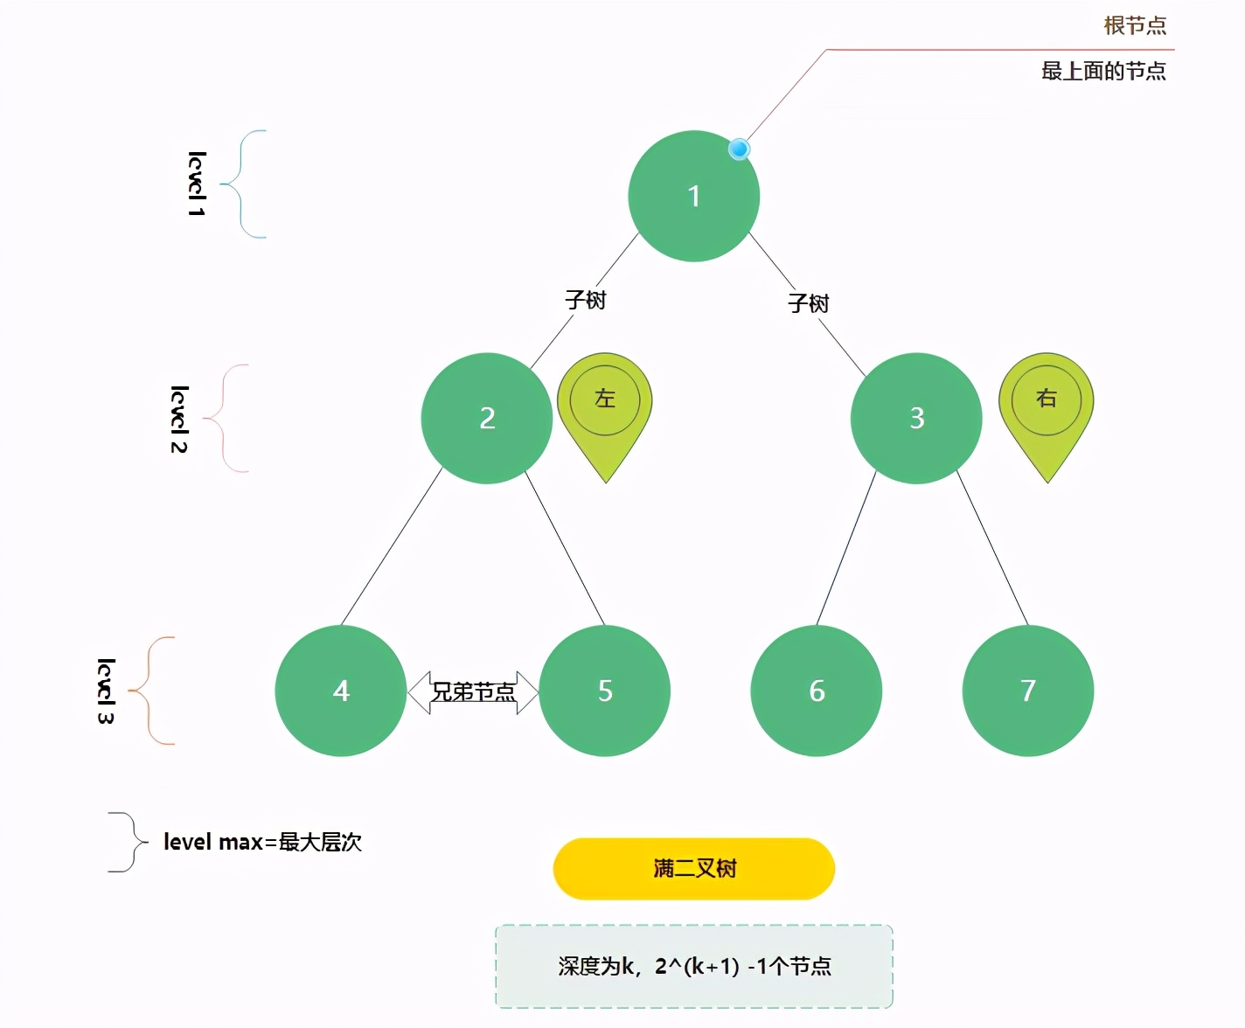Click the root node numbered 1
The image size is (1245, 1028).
pos(693,196)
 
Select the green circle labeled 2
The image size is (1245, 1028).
pos(487,418)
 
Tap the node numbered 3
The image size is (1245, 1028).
pos(916,418)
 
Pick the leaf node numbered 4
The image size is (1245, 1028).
pos(341,691)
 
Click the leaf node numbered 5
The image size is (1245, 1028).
pos(605,691)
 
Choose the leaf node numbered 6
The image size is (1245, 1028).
pos(817,691)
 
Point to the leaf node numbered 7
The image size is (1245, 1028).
pos(1028,691)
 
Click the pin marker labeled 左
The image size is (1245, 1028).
pos(605,406)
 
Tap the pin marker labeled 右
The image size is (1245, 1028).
pos(1047,406)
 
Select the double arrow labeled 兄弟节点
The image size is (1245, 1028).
pos(473,692)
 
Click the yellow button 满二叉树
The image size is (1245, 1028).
pos(694,868)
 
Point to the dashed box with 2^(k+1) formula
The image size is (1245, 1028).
pos(694,966)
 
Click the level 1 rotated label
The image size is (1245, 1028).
pos(197,184)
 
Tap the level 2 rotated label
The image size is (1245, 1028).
pos(179,419)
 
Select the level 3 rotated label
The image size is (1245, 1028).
pos(106,691)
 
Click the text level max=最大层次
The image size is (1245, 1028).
pos(262,842)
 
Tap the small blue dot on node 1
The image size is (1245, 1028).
pos(740,149)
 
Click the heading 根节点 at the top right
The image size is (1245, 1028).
pos(1135,25)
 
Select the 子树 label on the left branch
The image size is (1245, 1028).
pos(585,300)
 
